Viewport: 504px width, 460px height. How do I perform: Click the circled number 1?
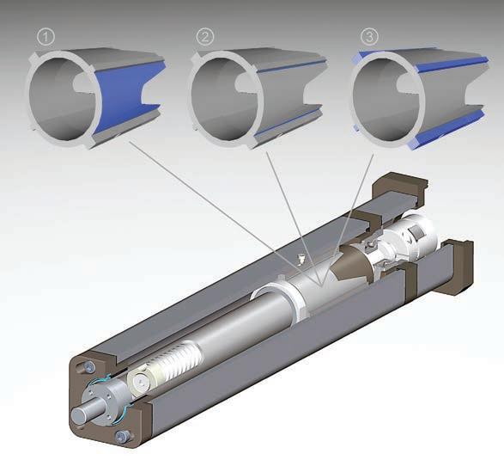pos(46,37)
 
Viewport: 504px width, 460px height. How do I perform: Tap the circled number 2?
pos(204,37)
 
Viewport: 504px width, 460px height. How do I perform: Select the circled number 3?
pos(369,36)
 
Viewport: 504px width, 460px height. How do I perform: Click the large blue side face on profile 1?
pos(127,96)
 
